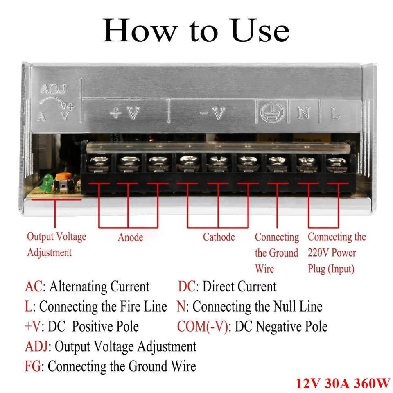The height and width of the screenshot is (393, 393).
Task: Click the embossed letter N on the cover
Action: tap(304, 113)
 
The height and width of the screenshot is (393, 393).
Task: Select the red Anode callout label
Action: tap(131, 237)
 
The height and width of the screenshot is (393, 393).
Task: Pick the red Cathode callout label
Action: tap(219, 237)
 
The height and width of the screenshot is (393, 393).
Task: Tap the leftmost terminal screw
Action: tap(97, 163)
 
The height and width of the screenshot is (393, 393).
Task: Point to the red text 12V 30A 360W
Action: tap(342, 383)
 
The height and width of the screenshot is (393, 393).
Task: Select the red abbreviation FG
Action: tap(33, 366)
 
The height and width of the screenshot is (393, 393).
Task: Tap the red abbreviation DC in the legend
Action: tap(187, 286)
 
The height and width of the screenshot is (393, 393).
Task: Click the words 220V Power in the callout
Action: tap(332, 253)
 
